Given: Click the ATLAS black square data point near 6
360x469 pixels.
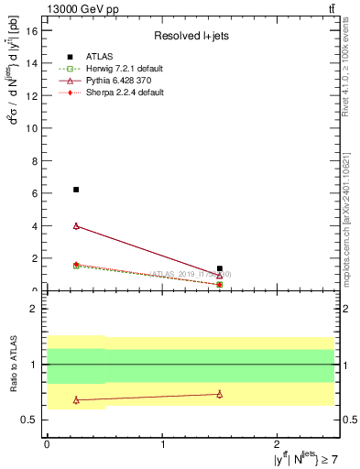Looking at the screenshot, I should pyautogui.click(x=76, y=190).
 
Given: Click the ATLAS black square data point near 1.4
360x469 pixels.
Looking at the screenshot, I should pyautogui.click(x=220, y=268).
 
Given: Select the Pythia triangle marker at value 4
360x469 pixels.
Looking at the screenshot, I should pyautogui.click(x=76, y=225).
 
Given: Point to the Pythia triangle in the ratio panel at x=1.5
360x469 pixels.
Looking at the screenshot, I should pyautogui.click(x=220, y=394).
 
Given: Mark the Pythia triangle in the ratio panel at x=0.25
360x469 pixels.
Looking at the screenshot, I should pyautogui.click(x=76, y=399).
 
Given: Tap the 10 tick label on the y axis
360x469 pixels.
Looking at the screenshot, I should pyautogui.click(x=32, y=128).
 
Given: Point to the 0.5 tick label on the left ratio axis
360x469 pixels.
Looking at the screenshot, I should pyautogui.click(x=30, y=420).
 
